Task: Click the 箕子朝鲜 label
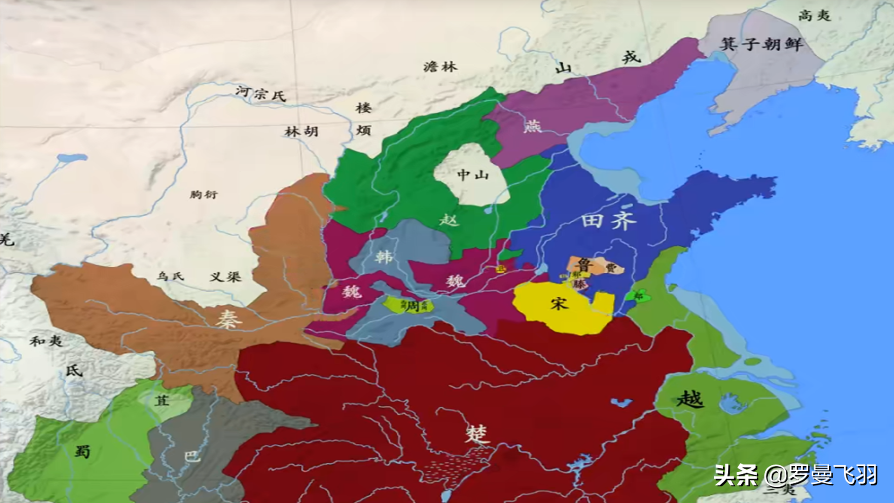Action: point(762,44)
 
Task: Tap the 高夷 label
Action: point(814,15)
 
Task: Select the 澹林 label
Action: point(440,67)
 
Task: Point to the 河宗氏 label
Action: point(260,93)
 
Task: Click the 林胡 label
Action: point(301,132)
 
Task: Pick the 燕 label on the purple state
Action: point(532,126)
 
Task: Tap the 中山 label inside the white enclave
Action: point(473,175)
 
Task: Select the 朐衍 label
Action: point(203,194)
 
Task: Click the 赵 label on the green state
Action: point(449,219)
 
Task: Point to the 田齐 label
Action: point(609,220)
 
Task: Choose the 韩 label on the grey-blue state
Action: point(384,257)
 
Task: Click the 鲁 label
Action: point(584,265)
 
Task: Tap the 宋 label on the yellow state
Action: point(559,304)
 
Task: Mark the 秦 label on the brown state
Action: point(228,319)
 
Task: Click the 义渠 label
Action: point(225,277)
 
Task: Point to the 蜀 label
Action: point(82,451)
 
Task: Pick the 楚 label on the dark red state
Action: point(477,434)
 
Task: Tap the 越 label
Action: point(690,400)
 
